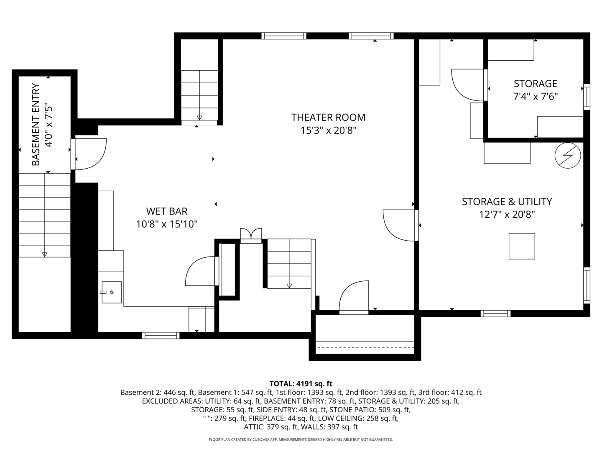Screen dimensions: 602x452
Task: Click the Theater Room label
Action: coord(328,118)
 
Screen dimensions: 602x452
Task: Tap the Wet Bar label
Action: coord(167,211)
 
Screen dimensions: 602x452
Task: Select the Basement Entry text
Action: coord(36,124)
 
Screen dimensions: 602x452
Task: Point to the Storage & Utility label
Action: coord(507,202)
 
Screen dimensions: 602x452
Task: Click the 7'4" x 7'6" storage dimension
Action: coord(536,97)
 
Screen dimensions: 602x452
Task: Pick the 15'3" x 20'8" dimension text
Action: coord(328,130)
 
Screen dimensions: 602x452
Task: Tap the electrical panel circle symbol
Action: coord(568,156)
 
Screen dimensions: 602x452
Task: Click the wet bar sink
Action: coord(112,292)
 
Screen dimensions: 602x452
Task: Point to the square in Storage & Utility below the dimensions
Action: coord(522,246)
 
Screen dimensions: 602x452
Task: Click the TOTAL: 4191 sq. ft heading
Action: coord(301,384)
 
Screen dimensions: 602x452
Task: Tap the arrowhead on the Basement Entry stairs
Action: coord(44,254)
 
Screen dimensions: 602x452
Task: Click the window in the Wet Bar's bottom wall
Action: coord(161,335)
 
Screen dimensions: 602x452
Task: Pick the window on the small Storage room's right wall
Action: coord(587,97)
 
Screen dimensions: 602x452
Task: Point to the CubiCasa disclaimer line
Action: coord(301,439)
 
